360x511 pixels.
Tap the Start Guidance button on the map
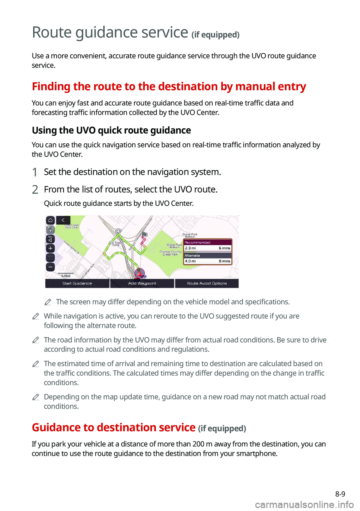click(x=77, y=283)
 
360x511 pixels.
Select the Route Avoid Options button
click(x=207, y=283)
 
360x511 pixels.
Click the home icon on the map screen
click(x=50, y=220)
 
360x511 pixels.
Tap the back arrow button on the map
click(x=63, y=220)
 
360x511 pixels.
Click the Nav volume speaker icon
click(x=50, y=239)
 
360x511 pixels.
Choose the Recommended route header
click(x=207, y=242)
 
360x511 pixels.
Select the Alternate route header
click(x=207, y=255)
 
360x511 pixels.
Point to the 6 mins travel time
click(x=224, y=248)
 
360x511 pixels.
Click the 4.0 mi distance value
click(x=190, y=261)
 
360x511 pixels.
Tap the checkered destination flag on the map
click(x=144, y=234)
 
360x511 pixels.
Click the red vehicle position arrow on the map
click(x=139, y=274)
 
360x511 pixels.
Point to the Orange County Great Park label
click(x=171, y=253)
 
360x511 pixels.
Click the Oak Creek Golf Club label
click(x=72, y=226)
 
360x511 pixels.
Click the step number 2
click(x=35, y=189)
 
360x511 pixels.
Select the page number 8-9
click(x=340, y=494)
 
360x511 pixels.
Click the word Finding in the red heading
click(x=51, y=87)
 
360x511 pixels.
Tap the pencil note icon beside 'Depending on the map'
click(x=36, y=397)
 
